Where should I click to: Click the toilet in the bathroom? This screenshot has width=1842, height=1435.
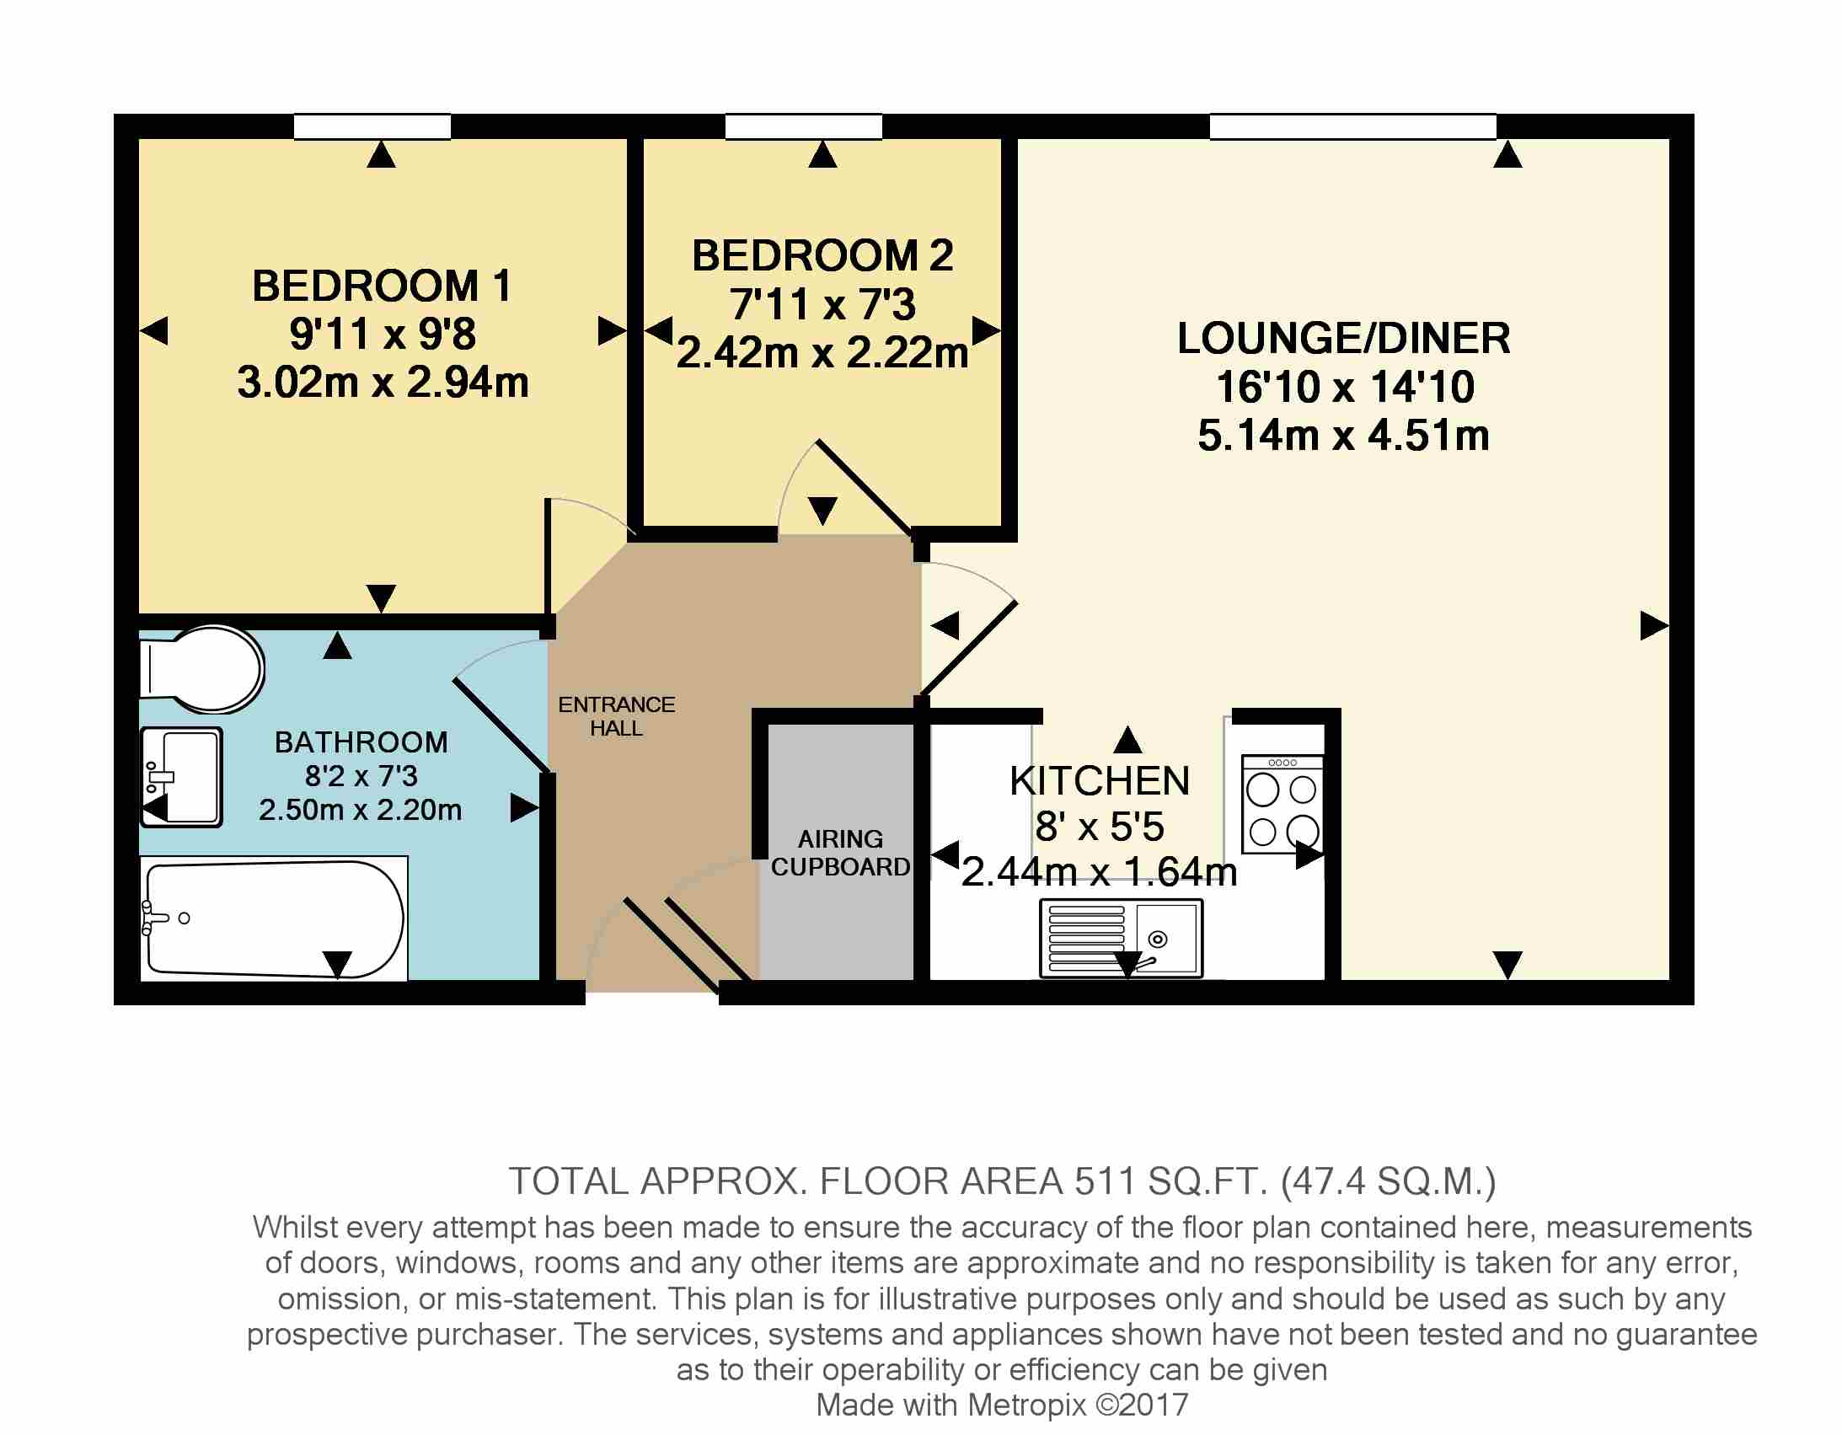click(x=201, y=669)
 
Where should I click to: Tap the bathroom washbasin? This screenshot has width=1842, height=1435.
click(x=181, y=777)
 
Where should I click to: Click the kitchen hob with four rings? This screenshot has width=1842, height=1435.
click(x=1282, y=804)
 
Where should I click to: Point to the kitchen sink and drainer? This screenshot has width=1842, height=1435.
click(x=1122, y=938)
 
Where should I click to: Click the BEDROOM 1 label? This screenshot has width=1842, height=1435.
click(x=382, y=286)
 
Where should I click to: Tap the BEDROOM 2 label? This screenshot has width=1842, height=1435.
click(x=822, y=255)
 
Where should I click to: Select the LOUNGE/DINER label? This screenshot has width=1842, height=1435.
click(x=1343, y=338)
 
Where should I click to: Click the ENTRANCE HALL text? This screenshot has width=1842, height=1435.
click(x=617, y=716)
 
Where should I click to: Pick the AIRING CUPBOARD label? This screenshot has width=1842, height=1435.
click(x=841, y=853)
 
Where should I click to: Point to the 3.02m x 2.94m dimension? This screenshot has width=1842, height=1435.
click(x=383, y=383)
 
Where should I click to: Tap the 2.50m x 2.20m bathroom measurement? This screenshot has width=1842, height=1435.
click(x=360, y=810)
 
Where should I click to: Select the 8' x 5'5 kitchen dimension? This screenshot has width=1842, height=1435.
click(x=1100, y=827)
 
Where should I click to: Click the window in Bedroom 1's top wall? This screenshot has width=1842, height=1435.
click(x=372, y=126)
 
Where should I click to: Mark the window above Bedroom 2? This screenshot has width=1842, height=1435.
click(x=804, y=126)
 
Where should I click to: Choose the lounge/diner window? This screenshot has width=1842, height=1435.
click(x=1352, y=126)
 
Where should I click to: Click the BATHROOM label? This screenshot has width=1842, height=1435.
click(x=361, y=742)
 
